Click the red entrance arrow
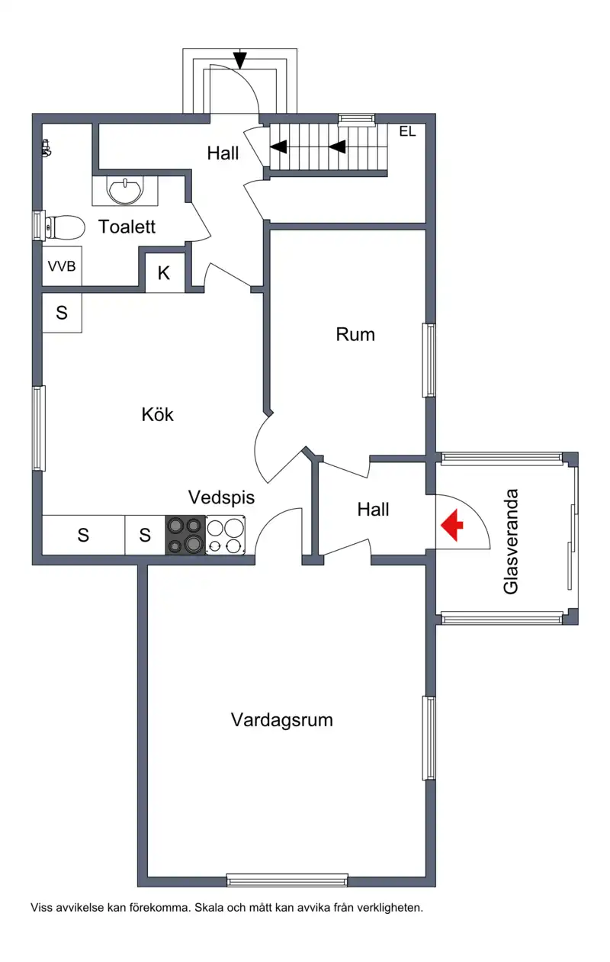451,525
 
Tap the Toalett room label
127,227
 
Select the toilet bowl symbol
64,227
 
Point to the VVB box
62,266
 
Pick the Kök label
158,415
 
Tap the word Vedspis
221,497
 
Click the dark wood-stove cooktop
185,535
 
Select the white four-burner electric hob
226,535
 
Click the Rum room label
355,335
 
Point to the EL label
408,131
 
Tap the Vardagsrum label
282,720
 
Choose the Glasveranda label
511,542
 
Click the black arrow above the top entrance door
240,60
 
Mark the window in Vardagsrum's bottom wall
287,880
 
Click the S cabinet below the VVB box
62,313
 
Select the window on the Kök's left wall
39,428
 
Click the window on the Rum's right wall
429,360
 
